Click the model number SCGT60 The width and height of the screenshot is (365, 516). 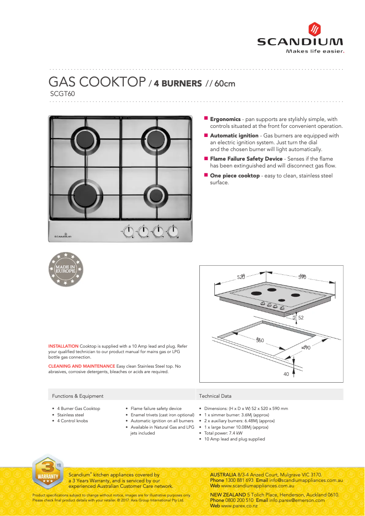[x=62, y=94]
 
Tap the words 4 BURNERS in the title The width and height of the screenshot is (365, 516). [x=177, y=84]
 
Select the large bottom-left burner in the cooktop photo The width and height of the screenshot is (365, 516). [x=85, y=192]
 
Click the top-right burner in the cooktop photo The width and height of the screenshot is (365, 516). [x=155, y=137]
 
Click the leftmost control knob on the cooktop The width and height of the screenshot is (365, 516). [x=129, y=231]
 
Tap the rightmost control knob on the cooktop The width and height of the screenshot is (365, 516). [x=172, y=231]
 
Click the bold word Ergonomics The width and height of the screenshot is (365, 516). [x=225, y=119]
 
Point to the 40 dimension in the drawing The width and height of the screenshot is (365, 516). [x=286, y=374]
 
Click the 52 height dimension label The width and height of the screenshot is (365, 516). [x=301, y=317]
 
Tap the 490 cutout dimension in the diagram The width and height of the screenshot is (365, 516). [x=306, y=348]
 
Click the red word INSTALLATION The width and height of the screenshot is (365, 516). [x=63, y=346]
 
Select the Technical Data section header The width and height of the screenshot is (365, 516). [x=215, y=396]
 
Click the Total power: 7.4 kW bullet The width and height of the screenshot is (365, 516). [x=223, y=433]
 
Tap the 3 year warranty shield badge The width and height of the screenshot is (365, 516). [x=47, y=472]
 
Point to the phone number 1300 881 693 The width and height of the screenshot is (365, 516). [x=239, y=480]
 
